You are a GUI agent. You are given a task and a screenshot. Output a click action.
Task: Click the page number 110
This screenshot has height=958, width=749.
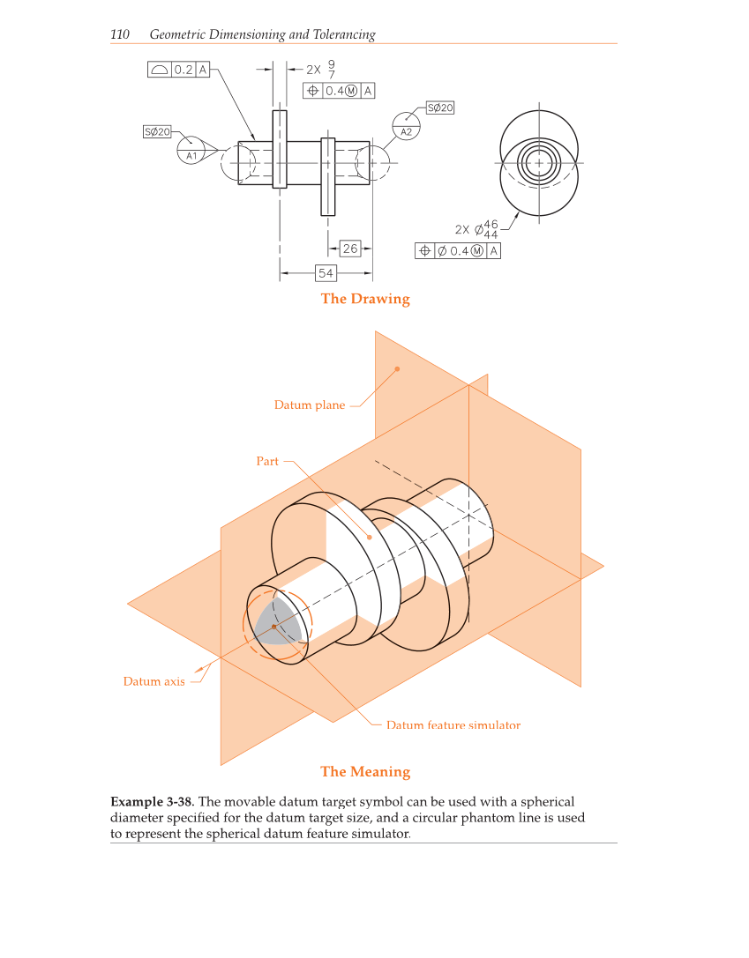pos(120,35)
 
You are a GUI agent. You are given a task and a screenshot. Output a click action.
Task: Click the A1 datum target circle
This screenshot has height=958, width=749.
pos(190,151)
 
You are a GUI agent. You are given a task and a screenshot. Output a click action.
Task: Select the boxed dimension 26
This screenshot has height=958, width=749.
pos(350,249)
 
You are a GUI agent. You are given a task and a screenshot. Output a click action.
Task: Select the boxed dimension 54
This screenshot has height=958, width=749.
pos(326,273)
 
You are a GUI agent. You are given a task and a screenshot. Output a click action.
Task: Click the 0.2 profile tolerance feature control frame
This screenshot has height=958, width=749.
pos(179,70)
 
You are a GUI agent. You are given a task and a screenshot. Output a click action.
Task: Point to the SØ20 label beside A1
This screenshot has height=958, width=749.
pos(156,131)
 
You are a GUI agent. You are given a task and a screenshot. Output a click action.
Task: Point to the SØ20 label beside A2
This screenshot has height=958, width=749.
pos(440,108)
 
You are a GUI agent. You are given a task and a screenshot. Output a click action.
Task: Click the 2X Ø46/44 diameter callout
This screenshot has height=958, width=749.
pos(477,229)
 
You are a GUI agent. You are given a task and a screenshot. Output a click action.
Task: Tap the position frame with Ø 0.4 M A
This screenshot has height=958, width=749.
pos(458,251)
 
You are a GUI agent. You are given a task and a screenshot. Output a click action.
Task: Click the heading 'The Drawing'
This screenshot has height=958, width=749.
pos(365,299)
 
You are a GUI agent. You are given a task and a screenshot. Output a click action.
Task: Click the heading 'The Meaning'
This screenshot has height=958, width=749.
pos(365,772)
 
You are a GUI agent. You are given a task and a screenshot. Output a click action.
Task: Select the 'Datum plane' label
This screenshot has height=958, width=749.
pos(310,405)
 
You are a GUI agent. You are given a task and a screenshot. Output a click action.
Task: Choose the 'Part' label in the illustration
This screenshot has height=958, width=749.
pos(267,461)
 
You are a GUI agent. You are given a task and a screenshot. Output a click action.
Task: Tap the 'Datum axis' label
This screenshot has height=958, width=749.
pos(154,681)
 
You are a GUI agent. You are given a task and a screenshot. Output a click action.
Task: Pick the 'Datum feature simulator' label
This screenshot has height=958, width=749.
pos(453,725)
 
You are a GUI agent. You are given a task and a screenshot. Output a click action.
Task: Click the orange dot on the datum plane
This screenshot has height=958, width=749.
pos(397,368)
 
